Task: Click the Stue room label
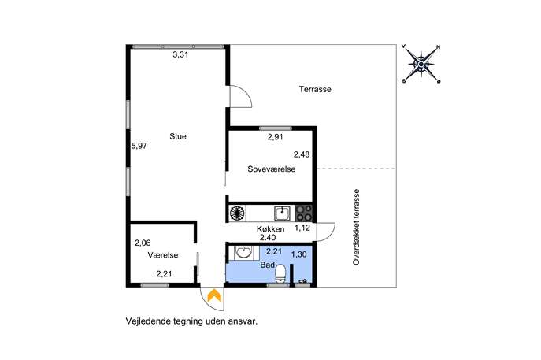178,136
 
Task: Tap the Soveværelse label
272,169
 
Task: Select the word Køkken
271,228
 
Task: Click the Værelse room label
163,255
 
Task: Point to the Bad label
268,265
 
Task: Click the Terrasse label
315,89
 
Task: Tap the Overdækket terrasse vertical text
356,227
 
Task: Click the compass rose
421,64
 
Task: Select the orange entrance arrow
214,295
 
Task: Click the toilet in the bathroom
280,273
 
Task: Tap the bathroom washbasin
243,252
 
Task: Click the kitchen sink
283,213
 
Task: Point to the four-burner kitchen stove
304,213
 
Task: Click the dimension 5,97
139,146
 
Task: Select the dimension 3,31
180,54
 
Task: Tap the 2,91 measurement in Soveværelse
276,137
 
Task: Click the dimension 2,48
302,154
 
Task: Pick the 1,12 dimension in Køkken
302,228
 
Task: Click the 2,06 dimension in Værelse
143,243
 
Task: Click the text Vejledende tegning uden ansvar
192,321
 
